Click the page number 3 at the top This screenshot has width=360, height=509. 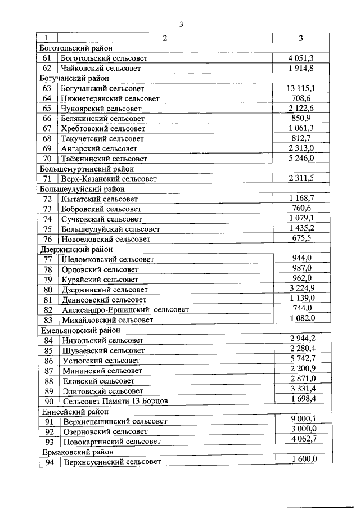tap(181, 24)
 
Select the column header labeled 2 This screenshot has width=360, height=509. tap(165, 38)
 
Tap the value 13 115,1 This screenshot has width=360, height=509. tap(300, 88)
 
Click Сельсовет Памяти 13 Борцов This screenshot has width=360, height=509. tap(115, 401)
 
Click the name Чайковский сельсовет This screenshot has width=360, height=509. tap(100, 68)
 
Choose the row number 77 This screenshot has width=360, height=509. tap(48, 259)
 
